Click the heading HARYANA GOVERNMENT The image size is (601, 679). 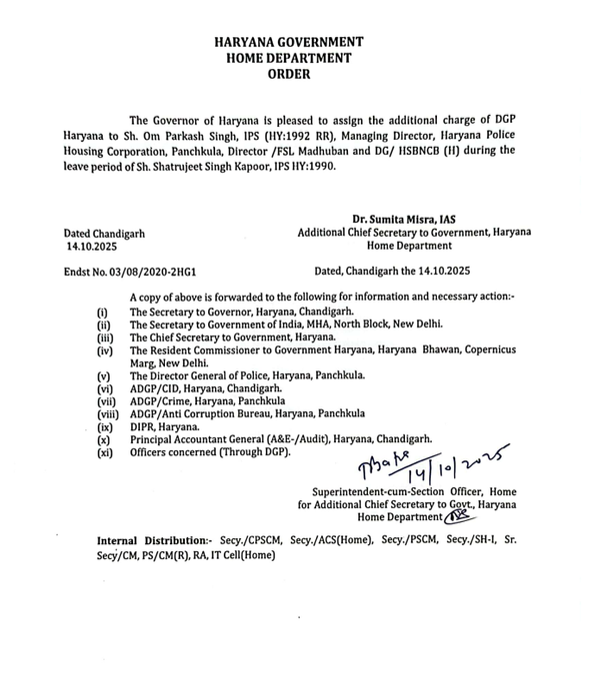[290, 43]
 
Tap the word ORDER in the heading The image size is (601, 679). [290, 74]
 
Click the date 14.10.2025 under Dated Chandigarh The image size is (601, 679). [92, 244]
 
